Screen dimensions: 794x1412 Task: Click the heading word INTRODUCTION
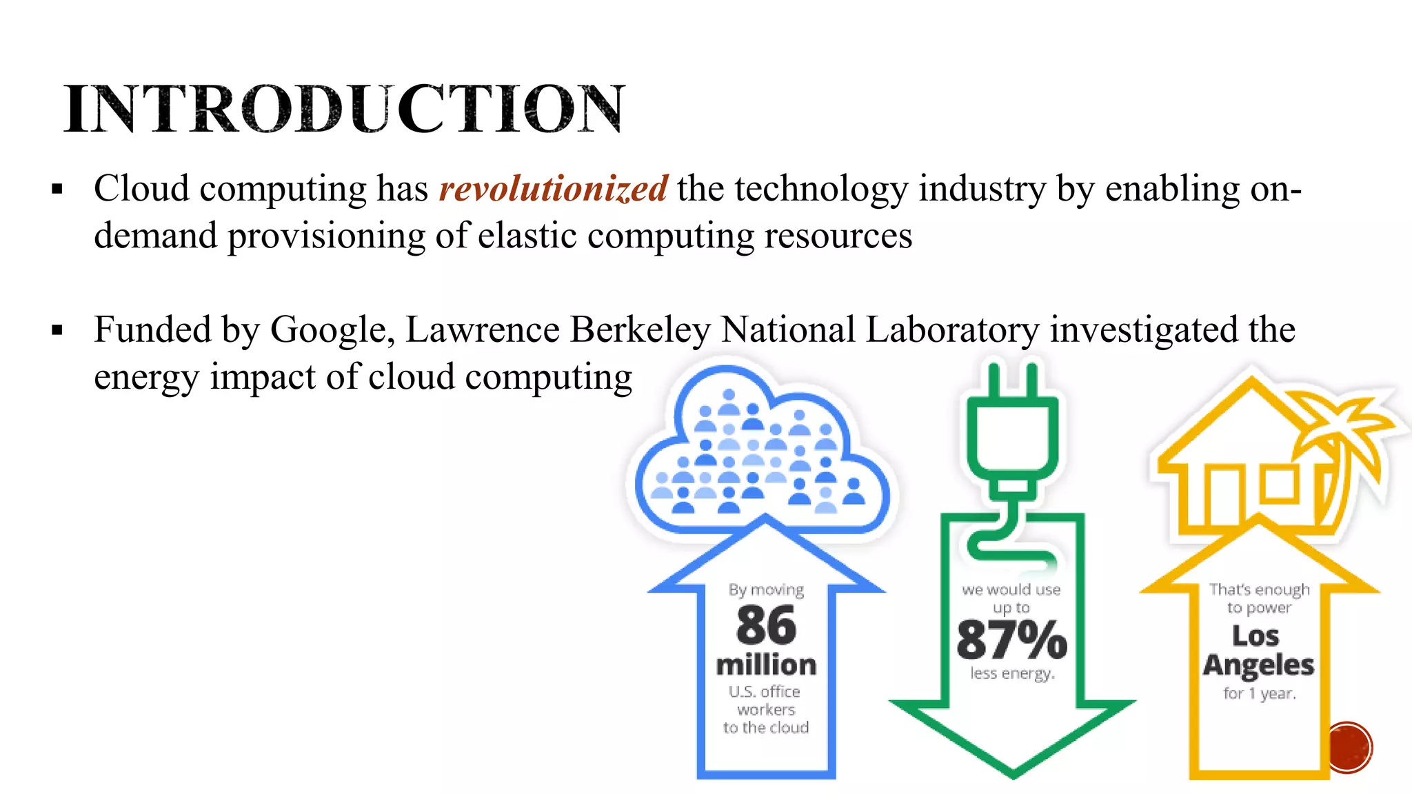(345, 108)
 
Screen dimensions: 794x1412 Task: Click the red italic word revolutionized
(553, 189)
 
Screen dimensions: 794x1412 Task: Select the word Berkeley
(641, 329)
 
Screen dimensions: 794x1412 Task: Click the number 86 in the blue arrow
(766, 626)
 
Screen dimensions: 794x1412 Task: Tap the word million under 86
(766, 665)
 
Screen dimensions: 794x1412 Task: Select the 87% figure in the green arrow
(1011, 640)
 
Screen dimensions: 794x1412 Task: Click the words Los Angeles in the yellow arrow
(1258, 651)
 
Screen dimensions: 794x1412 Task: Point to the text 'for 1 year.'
(1260, 693)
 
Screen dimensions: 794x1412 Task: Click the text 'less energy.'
(1012, 673)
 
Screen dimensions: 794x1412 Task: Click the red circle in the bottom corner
(1349, 748)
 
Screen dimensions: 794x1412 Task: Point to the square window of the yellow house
(1280, 484)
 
